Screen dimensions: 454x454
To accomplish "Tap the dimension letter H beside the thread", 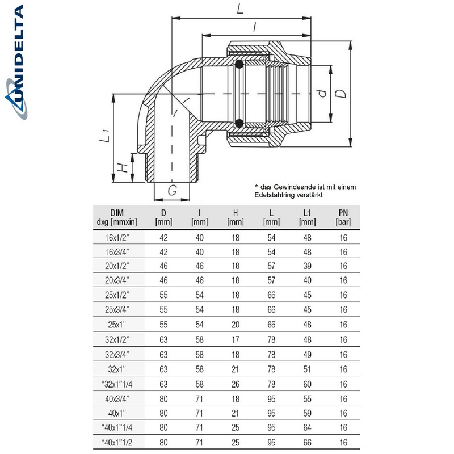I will pyautogui.click(x=121, y=168).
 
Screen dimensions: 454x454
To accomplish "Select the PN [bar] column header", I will pyautogui.click(x=342, y=217).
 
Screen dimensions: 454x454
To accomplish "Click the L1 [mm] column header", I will pyautogui.click(x=306, y=217).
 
